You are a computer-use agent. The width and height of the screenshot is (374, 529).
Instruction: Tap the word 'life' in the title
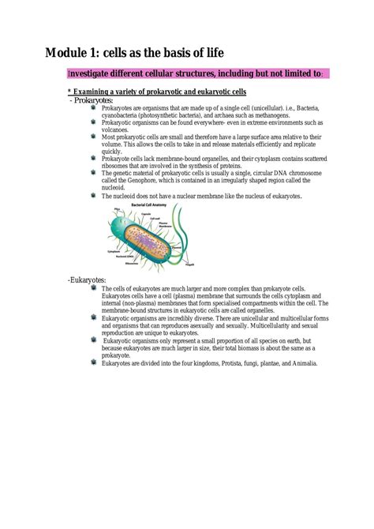[x=212, y=53]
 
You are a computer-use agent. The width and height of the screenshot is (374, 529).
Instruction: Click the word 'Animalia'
[x=302, y=363]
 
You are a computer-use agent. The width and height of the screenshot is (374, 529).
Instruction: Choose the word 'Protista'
[x=221, y=363]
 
